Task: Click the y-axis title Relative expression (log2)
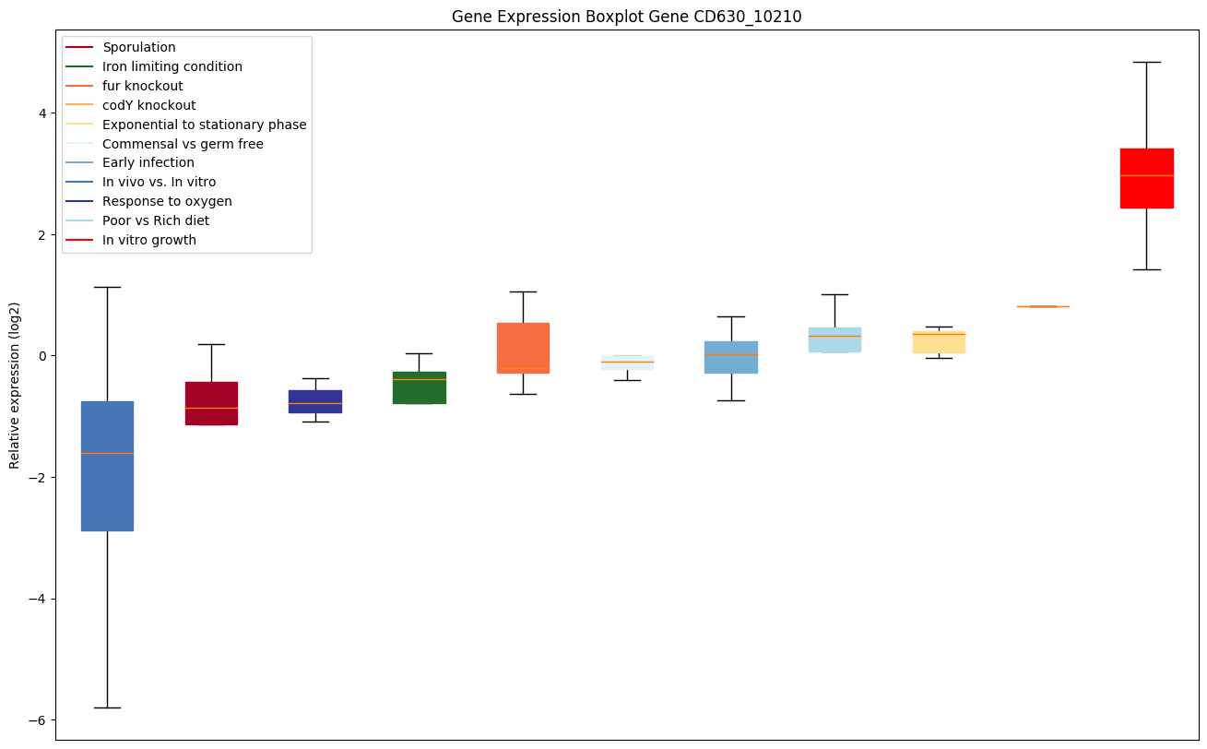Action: (x=15, y=386)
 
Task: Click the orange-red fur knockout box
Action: (x=523, y=348)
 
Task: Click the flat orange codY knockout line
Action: (x=1042, y=306)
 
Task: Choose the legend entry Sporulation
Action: (x=139, y=47)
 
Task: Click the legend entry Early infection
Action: (x=148, y=162)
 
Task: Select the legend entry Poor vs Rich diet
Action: (x=156, y=220)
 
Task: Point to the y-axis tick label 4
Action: (x=41, y=113)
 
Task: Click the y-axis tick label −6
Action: (x=38, y=720)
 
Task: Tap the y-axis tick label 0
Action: (x=41, y=356)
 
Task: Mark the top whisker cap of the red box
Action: (x=1146, y=62)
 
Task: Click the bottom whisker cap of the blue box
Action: (x=107, y=707)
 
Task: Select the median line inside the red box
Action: (x=1146, y=175)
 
